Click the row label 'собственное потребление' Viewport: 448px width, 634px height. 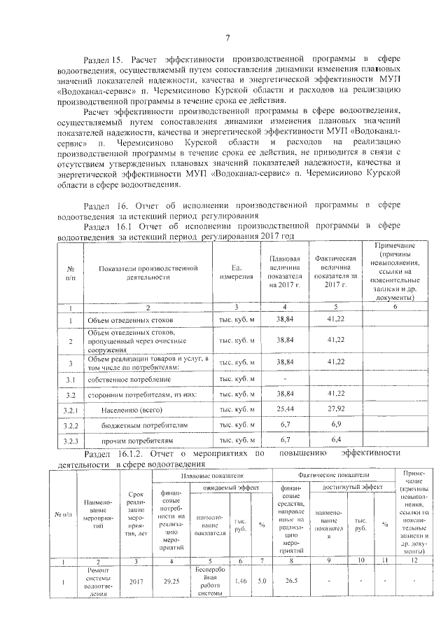pos(129,379)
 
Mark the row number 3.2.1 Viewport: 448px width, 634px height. pos(70,409)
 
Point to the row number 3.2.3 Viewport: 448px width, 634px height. pos(70,441)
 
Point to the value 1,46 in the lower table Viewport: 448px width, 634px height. pos(240,581)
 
